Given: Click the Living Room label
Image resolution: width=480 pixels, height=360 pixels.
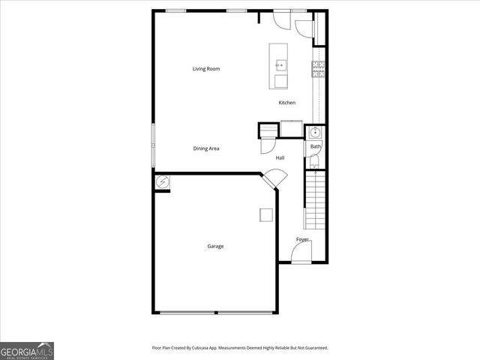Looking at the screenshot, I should pyautogui.click(x=205, y=69).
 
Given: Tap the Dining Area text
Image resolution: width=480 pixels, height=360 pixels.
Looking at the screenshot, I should pyautogui.click(x=205, y=148).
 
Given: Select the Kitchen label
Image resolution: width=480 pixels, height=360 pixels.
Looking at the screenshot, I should pyautogui.click(x=286, y=103).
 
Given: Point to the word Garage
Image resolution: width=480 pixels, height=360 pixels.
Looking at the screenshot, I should pyautogui.click(x=215, y=246).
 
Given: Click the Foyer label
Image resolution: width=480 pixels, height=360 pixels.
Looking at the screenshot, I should pyautogui.click(x=302, y=239).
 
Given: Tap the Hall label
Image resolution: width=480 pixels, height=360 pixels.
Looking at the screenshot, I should pyautogui.click(x=280, y=157).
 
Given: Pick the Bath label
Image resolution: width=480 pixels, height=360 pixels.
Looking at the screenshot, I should pyautogui.click(x=316, y=146).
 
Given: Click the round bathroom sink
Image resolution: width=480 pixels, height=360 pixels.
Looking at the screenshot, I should pyautogui.click(x=316, y=133).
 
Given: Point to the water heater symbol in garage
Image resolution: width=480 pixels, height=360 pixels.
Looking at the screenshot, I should pyautogui.click(x=162, y=181).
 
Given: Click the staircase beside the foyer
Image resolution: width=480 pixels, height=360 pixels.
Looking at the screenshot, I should pyautogui.click(x=316, y=199).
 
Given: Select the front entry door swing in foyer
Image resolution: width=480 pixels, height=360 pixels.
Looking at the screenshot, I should pyautogui.click(x=301, y=253).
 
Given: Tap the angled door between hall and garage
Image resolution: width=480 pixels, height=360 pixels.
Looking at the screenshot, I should pyautogui.click(x=274, y=178).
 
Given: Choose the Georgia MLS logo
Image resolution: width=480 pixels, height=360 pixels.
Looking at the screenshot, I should pyautogui.click(x=27, y=350).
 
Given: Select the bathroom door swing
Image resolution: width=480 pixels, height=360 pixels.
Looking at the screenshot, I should pyautogui.click(x=308, y=146).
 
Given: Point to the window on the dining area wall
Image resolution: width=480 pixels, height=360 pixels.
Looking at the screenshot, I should pyautogui.click(x=154, y=145).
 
